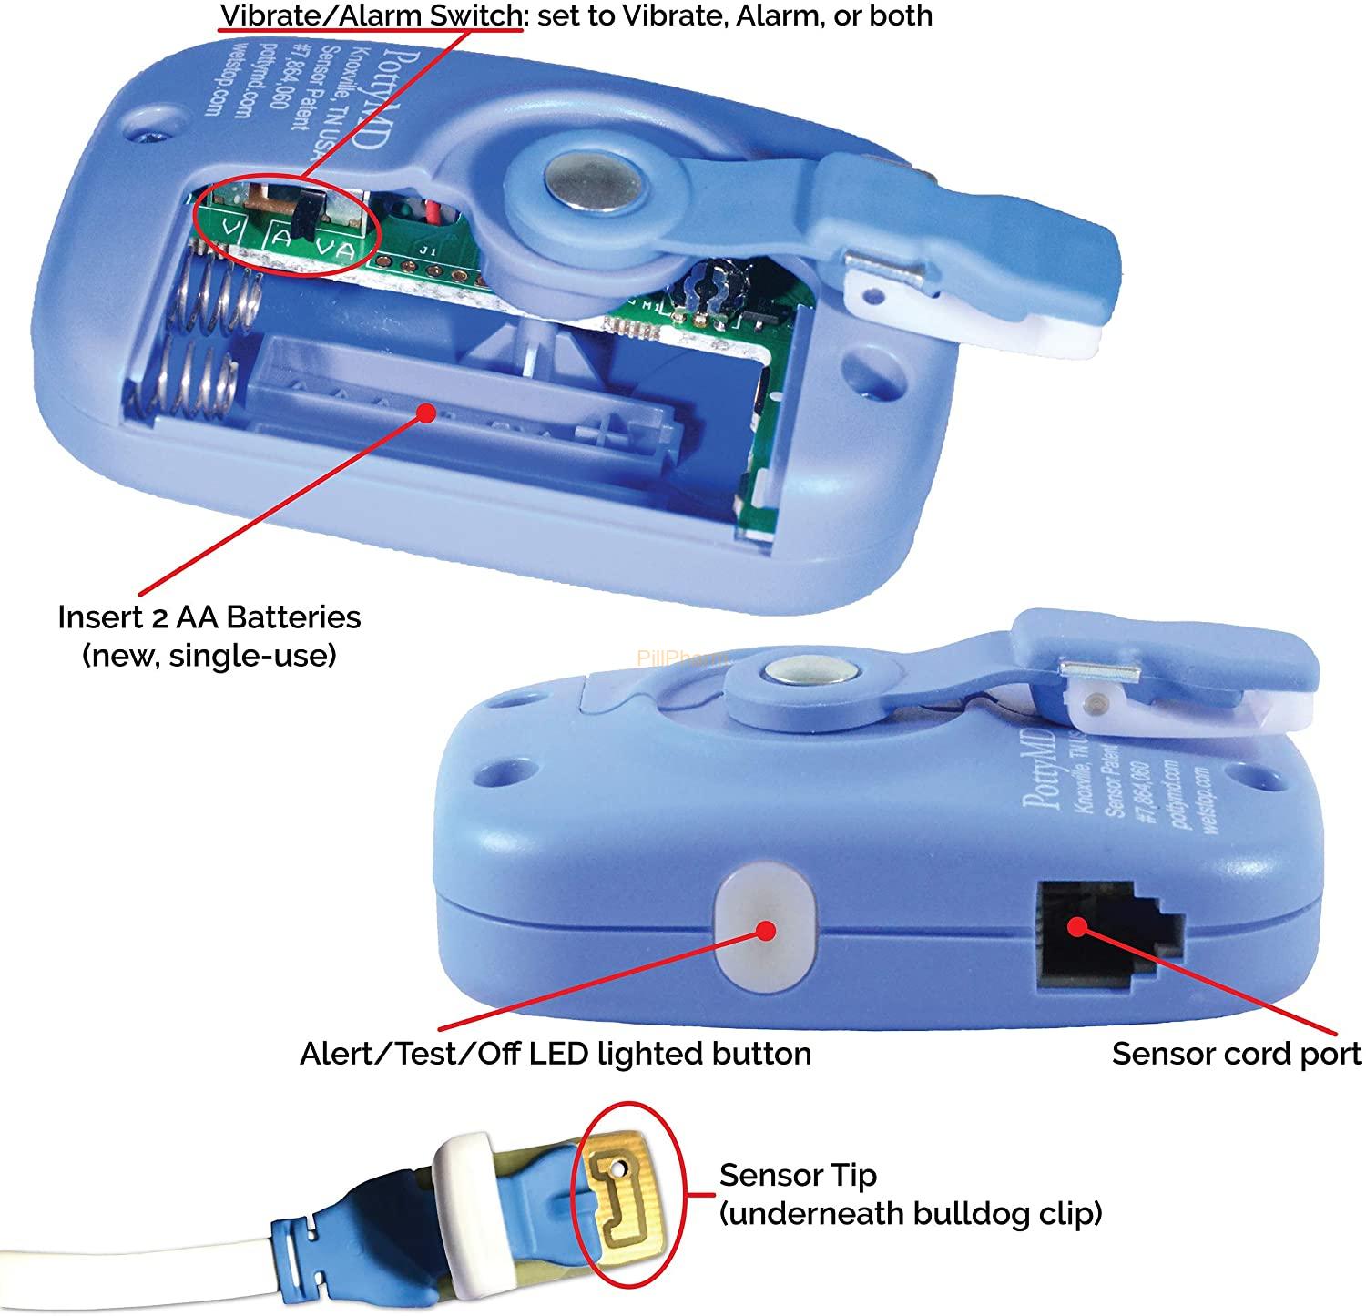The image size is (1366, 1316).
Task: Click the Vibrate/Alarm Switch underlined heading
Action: tap(369, 15)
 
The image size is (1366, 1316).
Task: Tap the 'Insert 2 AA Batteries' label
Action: tap(209, 617)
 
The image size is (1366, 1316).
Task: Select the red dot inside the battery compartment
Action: tap(424, 413)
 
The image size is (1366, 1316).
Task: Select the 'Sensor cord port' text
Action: tap(1236, 1054)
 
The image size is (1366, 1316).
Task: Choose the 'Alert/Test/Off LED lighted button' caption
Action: tap(556, 1054)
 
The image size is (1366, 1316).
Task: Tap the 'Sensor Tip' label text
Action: tap(797, 1175)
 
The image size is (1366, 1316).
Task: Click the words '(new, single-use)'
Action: tap(209, 655)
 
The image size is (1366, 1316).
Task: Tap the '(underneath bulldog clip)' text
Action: tap(911, 1213)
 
